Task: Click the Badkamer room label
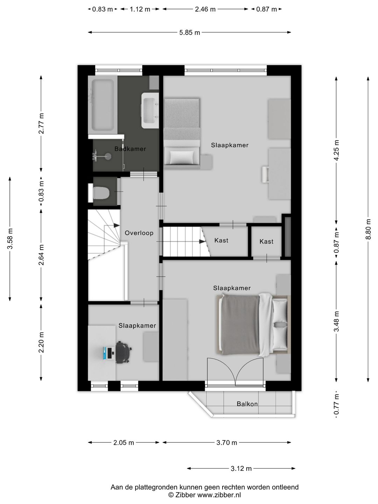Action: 130,149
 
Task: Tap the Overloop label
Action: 139,233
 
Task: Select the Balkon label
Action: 247,404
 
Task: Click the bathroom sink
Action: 151,111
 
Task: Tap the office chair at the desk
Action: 124,351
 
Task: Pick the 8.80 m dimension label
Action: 368,229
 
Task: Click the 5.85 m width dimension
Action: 189,33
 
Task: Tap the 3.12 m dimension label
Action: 241,468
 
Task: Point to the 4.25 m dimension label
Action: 336,150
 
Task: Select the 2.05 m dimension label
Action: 124,442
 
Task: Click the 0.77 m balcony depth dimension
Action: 336,404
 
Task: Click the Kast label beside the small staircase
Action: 221,240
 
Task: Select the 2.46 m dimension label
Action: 205,9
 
